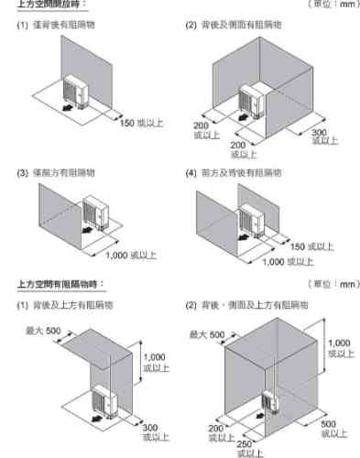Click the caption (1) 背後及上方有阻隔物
[x=56, y=304]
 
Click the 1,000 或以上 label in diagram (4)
[x=287, y=261]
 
